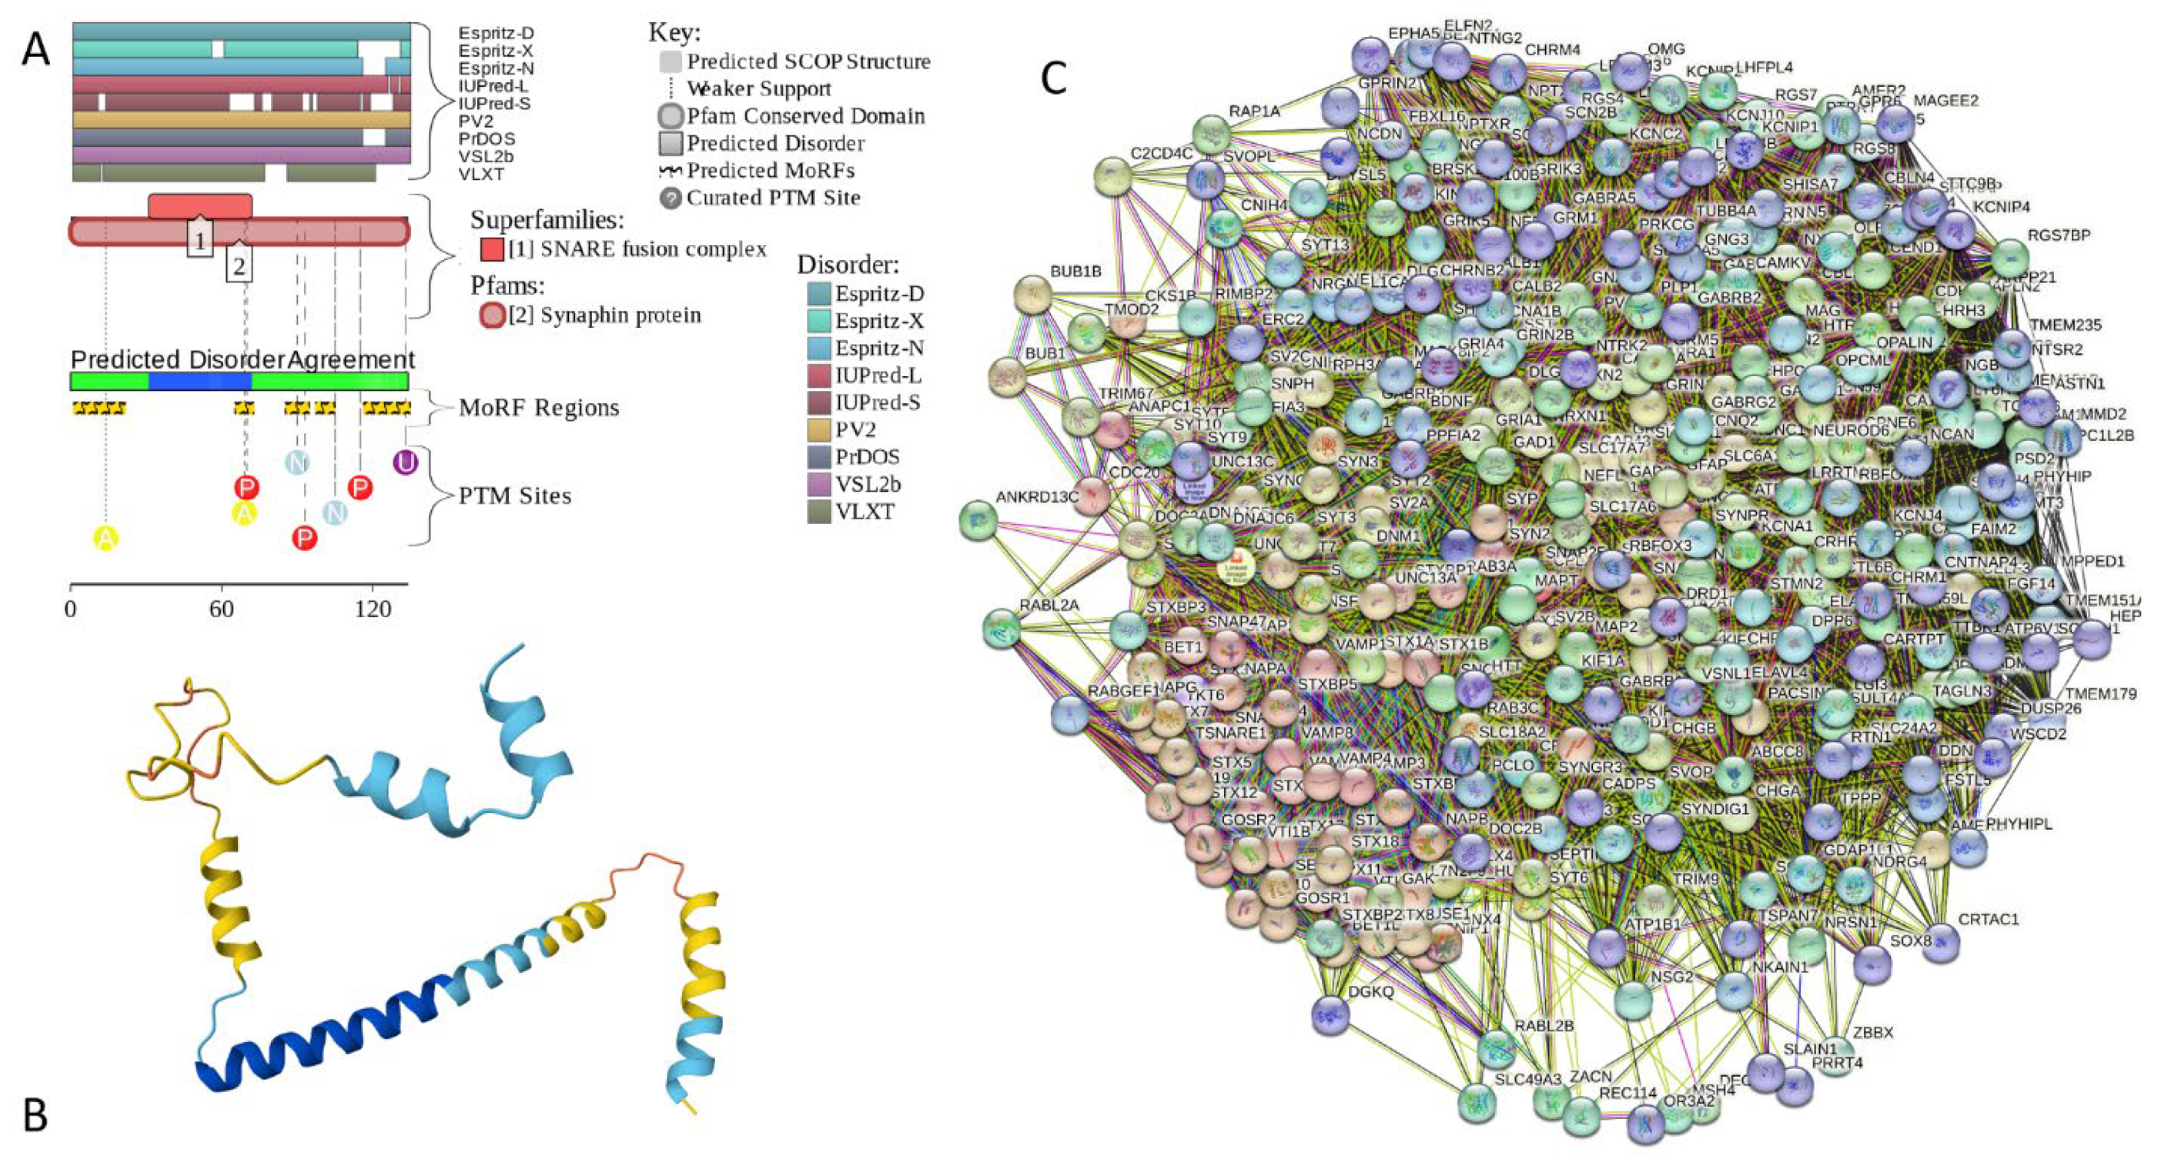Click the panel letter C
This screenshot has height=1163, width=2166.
point(1053,78)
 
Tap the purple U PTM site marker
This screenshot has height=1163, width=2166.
point(405,461)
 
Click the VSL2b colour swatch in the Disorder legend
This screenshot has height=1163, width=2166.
point(818,484)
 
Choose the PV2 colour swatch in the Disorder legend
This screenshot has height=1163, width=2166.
point(818,430)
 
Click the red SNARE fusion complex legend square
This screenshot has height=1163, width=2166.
point(492,249)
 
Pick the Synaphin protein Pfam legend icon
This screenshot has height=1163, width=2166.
point(492,315)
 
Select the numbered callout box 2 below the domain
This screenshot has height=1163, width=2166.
point(239,266)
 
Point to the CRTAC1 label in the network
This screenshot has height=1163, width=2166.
point(1987,919)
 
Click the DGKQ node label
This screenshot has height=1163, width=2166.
point(1370,992)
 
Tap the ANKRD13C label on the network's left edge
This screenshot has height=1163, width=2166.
point(1037,497)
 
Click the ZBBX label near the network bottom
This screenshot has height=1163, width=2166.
point(1873,1032)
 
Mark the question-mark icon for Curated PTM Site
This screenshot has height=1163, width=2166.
point(670,198)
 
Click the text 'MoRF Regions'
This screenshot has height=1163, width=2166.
point(538,408)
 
